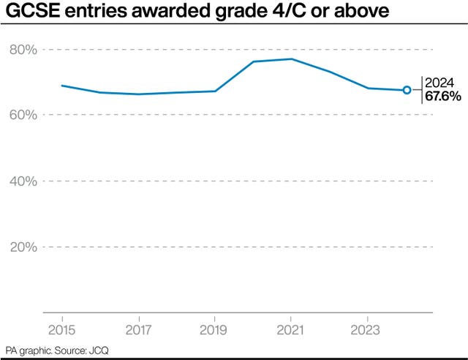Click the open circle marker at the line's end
(407, 90)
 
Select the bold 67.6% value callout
(444, 97)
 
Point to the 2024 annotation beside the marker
(440, 83)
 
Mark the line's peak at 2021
(291, 59)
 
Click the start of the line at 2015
(61, 86)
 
